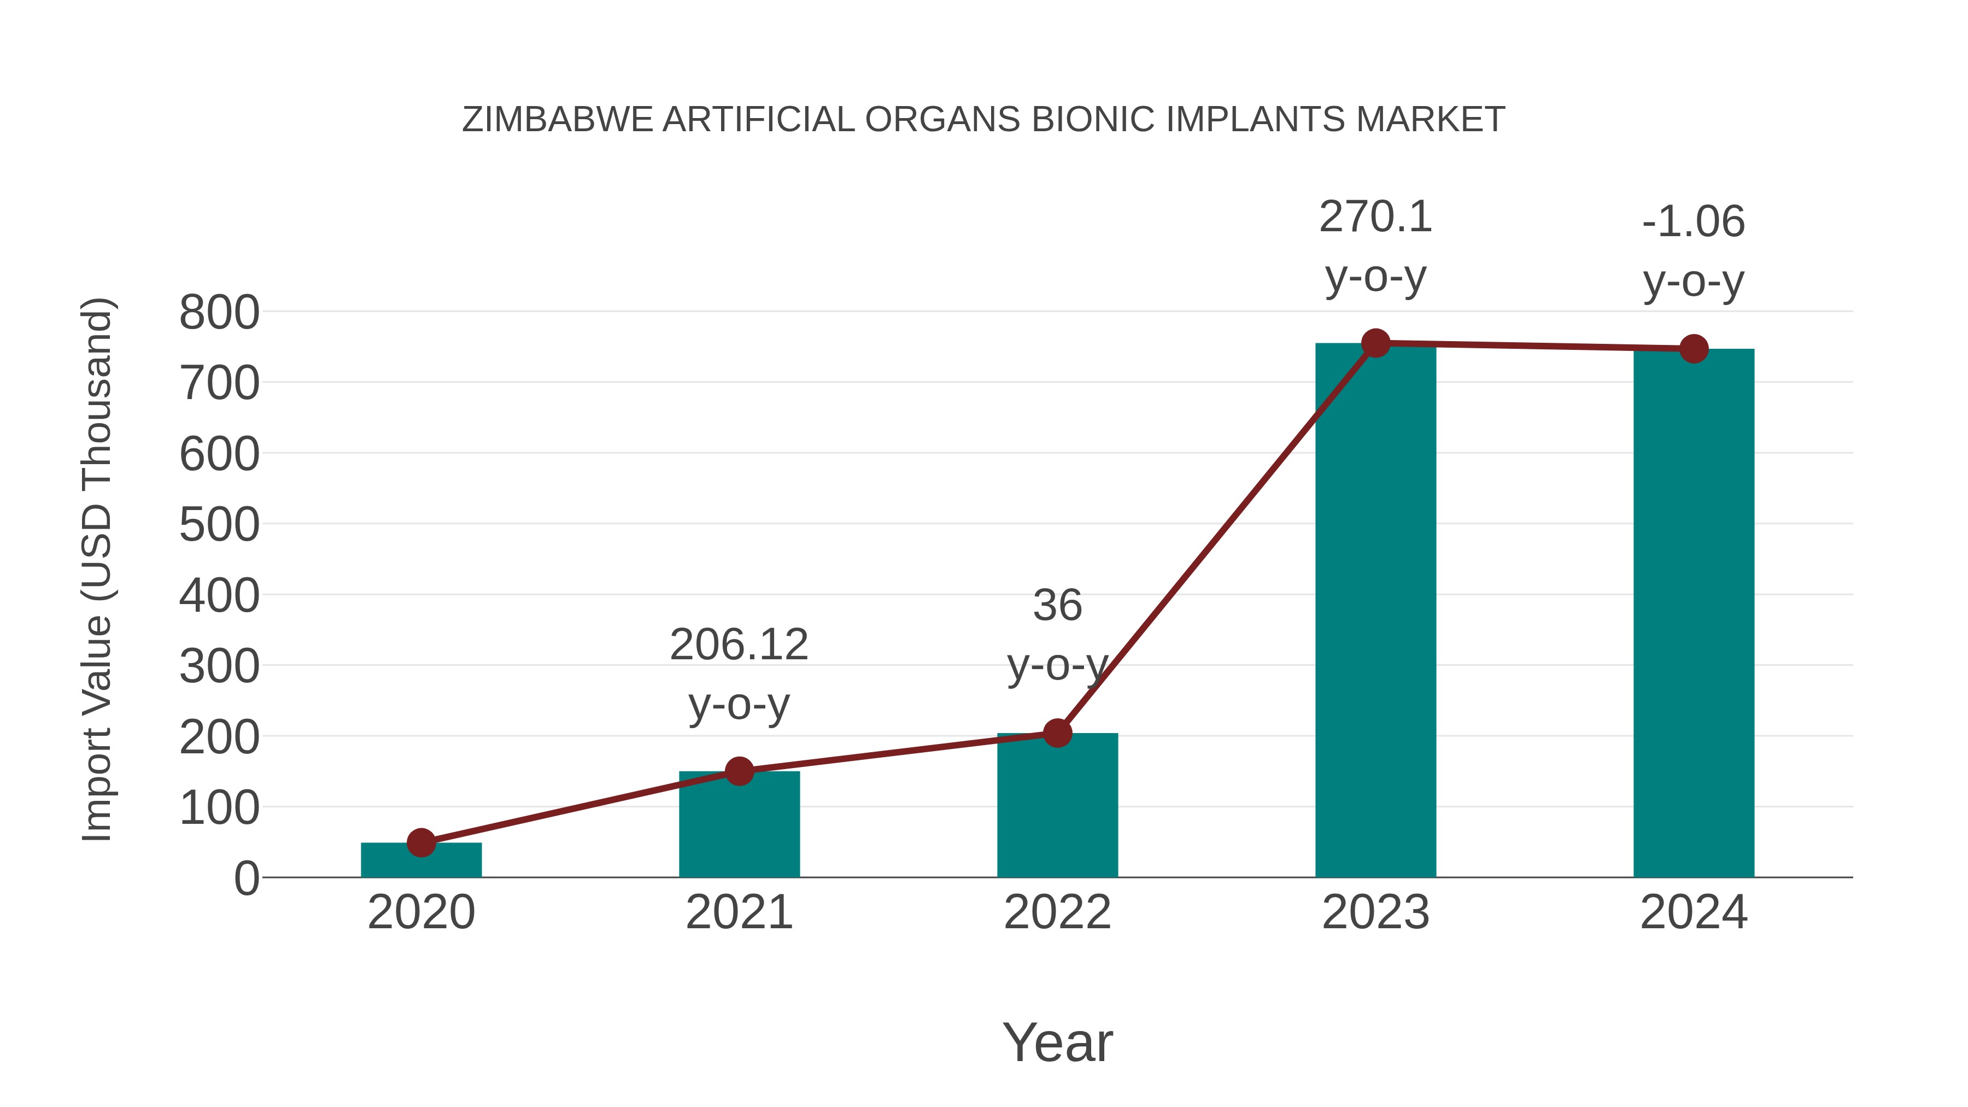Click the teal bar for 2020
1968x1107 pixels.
tap(421, 861)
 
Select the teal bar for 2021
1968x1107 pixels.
tap(739, 825)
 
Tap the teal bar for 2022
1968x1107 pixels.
tap(1057, 806)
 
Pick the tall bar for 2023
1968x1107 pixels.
tap(1375, 611)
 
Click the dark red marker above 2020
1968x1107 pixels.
tap(421, 842)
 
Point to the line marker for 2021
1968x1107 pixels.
tap(739, 771)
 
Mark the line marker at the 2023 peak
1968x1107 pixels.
tap(1375, 343)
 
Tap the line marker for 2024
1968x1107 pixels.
tap(1694, 348)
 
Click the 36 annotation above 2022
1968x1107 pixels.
tap(1057, 606)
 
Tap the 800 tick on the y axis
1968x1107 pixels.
tap(219, 313)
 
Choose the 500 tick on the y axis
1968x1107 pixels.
tap(219, 525)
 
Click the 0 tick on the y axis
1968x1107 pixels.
tap(246, 878)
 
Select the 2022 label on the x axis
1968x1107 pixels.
tap(1057, 912)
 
